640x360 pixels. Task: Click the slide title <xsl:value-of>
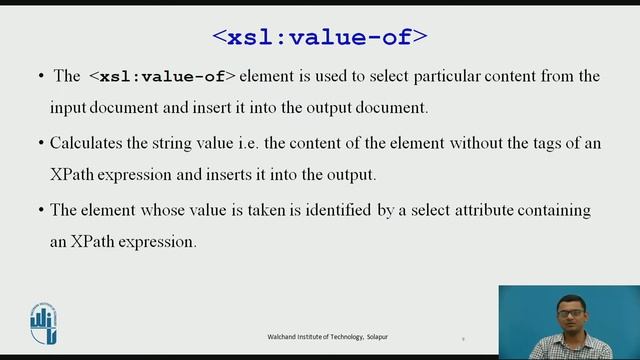320,38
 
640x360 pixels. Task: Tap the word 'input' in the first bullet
67,107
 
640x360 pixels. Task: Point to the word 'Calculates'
85,143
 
